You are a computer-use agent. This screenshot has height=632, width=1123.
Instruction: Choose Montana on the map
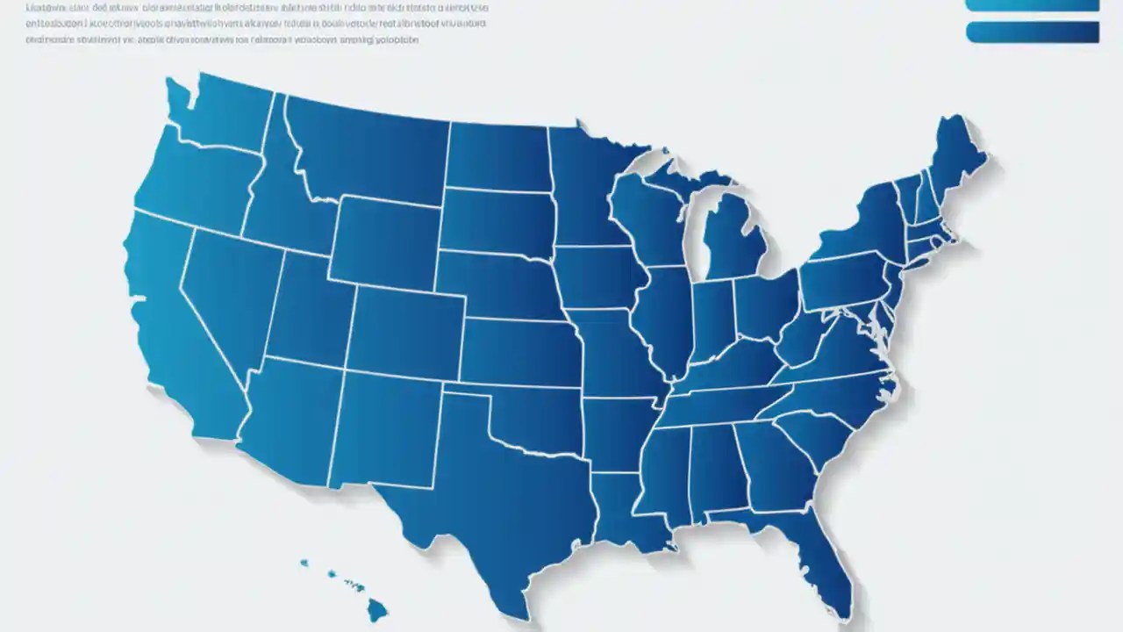click(x=368, y=149)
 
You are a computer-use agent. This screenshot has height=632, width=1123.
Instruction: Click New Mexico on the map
click(x=386, y=430)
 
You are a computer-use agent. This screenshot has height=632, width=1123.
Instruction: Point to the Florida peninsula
click(x=820, y=562)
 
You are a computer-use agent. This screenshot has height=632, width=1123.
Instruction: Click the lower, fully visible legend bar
click(x=1032, y=32)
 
